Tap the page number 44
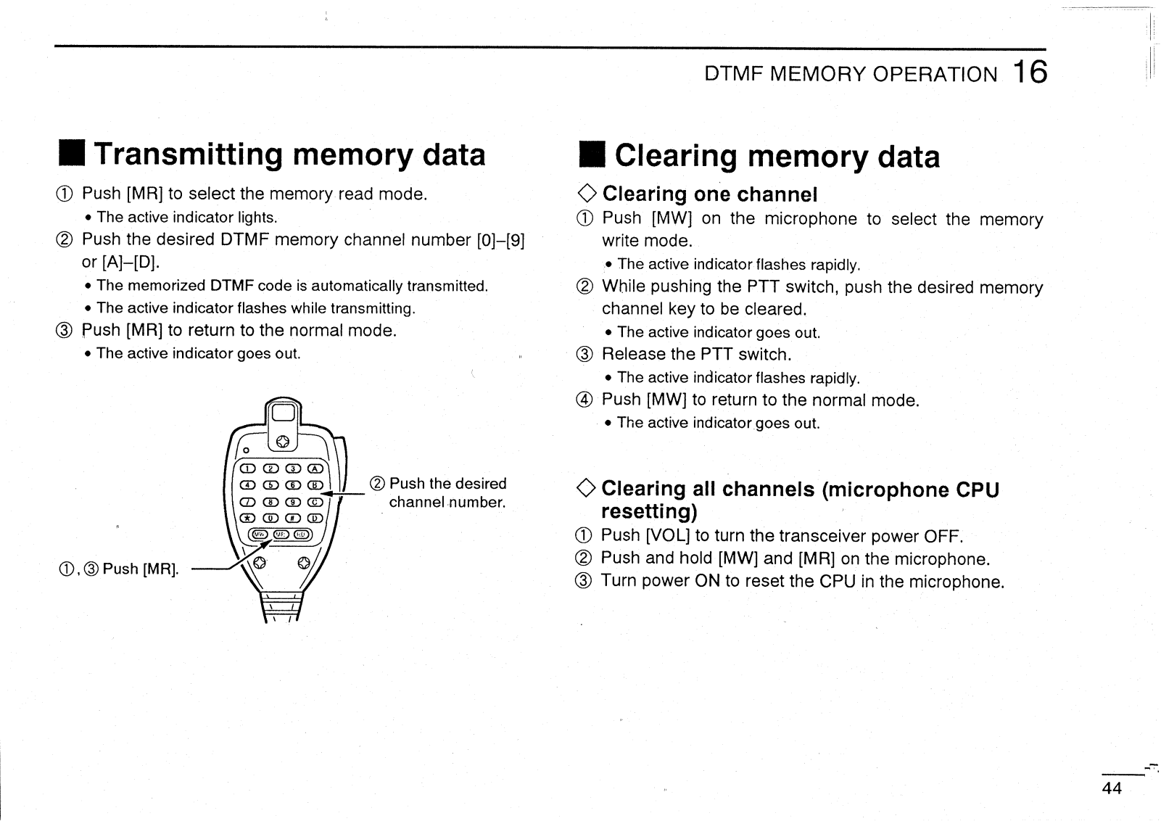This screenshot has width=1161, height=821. (1112, 788)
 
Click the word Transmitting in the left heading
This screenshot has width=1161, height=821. (189, 154)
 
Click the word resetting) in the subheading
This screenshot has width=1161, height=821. (649, 511)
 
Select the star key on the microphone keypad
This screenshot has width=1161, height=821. (248, 518)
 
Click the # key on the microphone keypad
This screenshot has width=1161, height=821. (293, 518)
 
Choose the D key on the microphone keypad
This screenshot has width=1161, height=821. (315, 518)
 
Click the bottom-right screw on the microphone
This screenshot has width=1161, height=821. (304, 561)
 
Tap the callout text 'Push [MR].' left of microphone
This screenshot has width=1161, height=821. (141, 569)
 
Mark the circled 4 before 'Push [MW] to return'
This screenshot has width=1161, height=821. (585, 400)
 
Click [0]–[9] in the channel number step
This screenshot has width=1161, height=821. (500, 240)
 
